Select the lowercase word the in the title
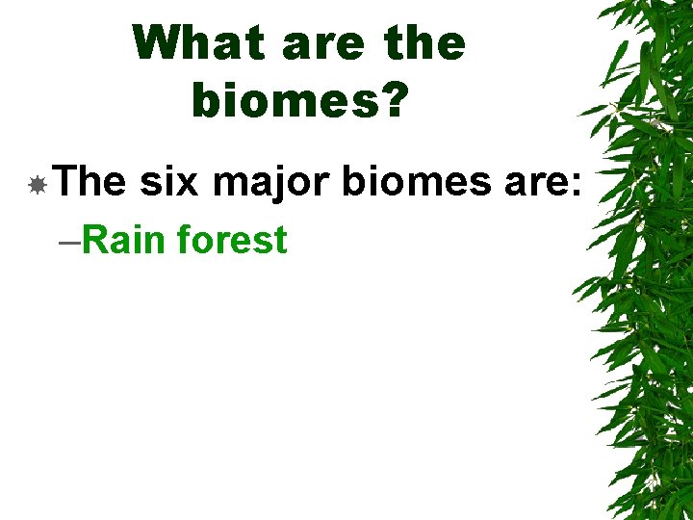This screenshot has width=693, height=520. click(423, 43)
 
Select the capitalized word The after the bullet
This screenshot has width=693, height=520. click(90, 180)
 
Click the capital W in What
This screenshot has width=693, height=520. click(156, 43)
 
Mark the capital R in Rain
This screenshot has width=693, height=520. click(94, 239)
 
